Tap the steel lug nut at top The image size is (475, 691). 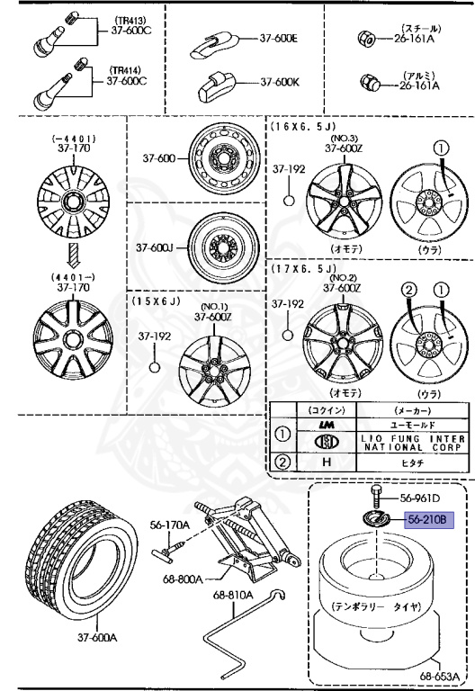(365, 41)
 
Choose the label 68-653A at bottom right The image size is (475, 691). (443, 674)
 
